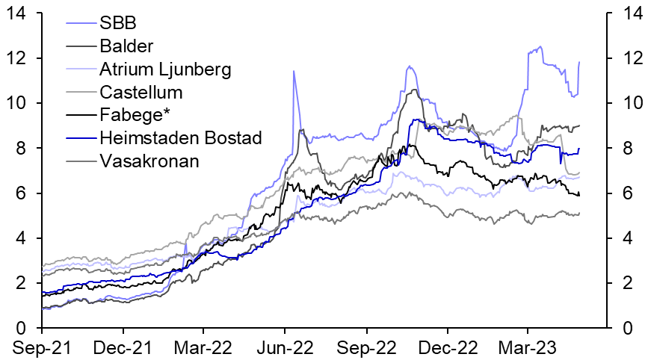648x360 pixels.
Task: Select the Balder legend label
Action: click(x=126, y=46)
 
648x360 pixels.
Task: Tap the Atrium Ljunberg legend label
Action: click(x=165, y=69)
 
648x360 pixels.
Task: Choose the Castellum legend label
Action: click(x=141, y=93)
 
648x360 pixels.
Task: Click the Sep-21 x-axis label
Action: click(x=42, y=347)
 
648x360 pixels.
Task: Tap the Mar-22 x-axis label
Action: click(x=203, y=347)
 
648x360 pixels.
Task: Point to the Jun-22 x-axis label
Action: click(x=285, y=347)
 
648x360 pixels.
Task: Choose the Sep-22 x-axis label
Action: click(x=366, y=347)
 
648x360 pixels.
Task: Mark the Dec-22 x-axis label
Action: click(x=447, y=347)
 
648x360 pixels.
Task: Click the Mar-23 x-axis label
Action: click(x=527, y=347)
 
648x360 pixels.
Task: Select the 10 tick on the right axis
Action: click(x=626, y=103)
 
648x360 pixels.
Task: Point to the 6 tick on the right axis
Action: click(x=621, y=193)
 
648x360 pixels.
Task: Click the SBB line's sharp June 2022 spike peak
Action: click(x=293, y=72)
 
